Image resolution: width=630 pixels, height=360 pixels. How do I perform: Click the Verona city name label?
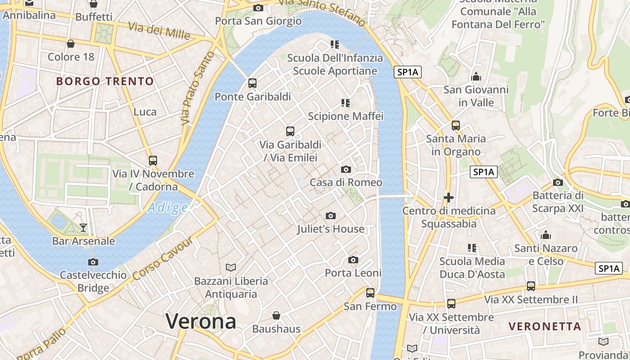coord(201,321)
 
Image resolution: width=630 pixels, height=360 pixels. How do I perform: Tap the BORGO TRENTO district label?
coord(105,81)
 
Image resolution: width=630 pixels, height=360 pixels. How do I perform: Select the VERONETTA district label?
coord(544,326)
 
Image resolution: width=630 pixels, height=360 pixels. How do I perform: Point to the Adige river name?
coord(167,207)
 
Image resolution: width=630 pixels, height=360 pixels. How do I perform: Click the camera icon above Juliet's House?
coord(331,216)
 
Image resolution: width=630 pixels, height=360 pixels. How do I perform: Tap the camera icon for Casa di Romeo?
coord(346,170)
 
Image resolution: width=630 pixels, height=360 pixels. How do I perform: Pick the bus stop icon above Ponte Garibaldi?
coord(252,83)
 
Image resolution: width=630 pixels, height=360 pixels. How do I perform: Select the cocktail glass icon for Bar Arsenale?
coord(83,228)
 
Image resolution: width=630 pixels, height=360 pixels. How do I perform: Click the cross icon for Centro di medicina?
coord(448,198)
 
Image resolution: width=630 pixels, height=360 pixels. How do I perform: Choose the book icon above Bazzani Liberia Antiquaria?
coord(231,268)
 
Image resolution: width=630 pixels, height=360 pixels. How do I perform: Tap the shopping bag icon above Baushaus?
coord(276,316)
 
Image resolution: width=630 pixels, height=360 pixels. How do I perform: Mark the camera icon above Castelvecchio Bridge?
coord(93,262)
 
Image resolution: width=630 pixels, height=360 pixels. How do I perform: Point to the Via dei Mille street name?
coord(159,30)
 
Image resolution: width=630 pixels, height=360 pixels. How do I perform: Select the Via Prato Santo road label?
coord(197,88)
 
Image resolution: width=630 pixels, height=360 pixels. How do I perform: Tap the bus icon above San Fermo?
coord(370,293)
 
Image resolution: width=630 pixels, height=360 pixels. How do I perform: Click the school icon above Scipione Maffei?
coord(346,103)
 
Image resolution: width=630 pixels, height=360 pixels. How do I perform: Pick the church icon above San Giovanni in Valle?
coord(476,76)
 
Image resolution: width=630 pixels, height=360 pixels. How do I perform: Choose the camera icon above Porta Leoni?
coord(353,260)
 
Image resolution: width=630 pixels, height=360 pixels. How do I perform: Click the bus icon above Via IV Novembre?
coord(153,161)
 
